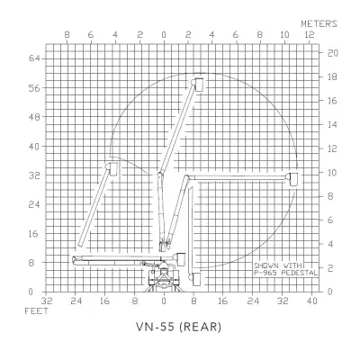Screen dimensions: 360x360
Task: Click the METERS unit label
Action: [319, 23]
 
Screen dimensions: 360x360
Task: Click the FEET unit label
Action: [37, 311]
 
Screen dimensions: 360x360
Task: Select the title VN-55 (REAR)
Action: [179, 327]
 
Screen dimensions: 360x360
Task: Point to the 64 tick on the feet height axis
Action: [34, 58]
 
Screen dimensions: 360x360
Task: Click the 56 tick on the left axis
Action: [34, 88]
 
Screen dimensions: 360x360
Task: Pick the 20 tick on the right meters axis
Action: [332, 53]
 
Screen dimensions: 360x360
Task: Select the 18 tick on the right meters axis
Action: [332, 77]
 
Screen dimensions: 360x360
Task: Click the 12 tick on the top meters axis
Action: [310, 35]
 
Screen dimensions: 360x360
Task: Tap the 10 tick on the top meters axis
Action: [285, 35]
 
